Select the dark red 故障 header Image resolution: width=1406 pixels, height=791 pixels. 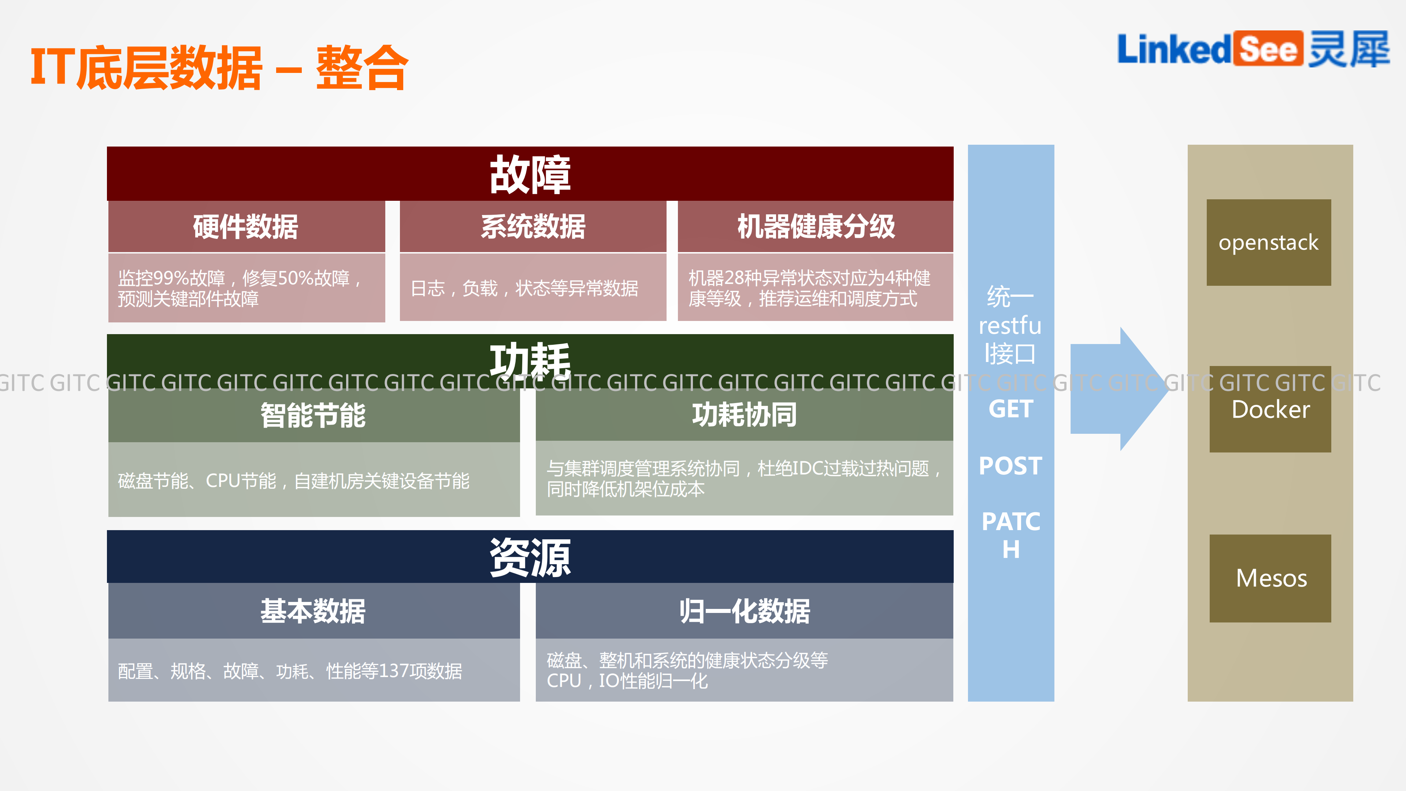pos(530,174)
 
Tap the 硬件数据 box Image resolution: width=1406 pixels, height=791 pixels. pos(246,226)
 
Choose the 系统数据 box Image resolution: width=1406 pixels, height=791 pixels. pos(533,226)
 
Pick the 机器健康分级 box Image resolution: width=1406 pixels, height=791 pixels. pos(816,226)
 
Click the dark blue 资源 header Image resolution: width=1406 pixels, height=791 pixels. pos(530,557)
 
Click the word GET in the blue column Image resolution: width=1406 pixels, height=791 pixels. pos(1010,409)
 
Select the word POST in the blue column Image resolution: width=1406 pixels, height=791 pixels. pos(1010,466)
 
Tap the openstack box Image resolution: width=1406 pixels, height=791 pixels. pos(1268,243)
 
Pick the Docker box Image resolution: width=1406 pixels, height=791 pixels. pos(1270,409)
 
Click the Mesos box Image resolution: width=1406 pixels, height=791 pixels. pos(1270,578)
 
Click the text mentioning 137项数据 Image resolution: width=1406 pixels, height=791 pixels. pos(290,671)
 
